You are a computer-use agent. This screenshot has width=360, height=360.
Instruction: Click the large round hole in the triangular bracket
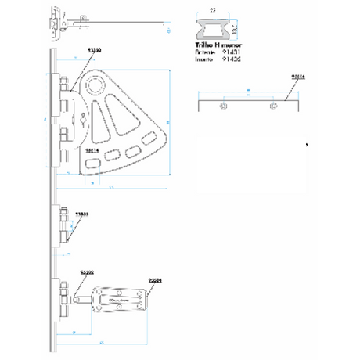96,85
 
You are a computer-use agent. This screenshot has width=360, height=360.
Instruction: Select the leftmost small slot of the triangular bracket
92,162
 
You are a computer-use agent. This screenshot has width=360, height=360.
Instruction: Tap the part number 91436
232,59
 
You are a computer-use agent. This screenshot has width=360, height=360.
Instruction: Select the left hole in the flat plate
225,105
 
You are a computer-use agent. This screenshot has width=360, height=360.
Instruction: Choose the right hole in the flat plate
272,105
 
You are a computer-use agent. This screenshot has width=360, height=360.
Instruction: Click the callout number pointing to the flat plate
297,77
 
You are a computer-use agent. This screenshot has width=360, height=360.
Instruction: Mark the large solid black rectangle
250,164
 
